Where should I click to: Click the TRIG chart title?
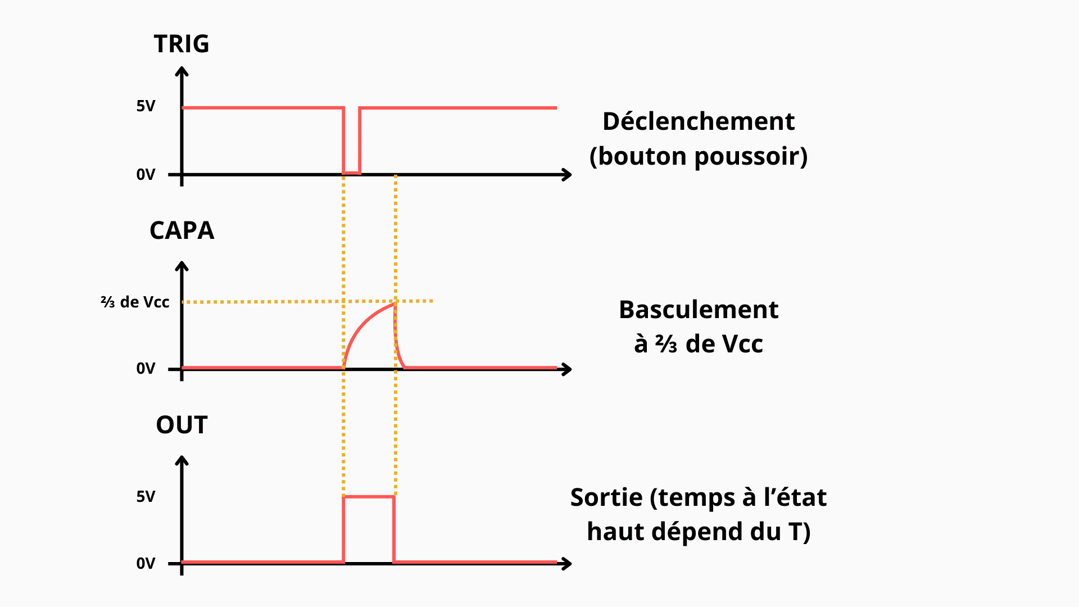182,44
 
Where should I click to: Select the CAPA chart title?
182,230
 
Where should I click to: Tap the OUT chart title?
182,425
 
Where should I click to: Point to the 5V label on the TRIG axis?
146,106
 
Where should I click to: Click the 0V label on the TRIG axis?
146,175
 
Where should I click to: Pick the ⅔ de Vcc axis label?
135,302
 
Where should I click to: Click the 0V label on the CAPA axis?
146,369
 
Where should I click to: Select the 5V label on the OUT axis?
146,496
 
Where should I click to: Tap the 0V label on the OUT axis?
146,563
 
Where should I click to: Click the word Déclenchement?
699,121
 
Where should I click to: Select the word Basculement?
699,310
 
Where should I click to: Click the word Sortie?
606,497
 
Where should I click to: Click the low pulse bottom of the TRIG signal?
352,172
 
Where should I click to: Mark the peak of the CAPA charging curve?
395,303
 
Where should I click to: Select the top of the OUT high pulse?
369,497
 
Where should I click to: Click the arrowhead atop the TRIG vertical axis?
182,71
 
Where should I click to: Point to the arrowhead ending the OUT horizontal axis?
568,563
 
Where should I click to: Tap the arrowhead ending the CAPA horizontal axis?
568,369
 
